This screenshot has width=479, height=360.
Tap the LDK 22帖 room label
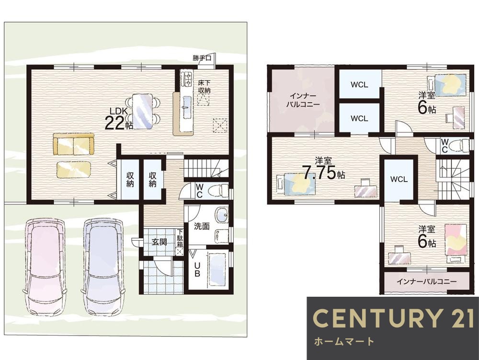tap(118, 119)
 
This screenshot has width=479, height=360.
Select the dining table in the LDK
tap(142, 111)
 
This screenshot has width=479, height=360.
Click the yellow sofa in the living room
tap(73, 145)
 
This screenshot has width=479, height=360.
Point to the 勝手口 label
tap(202, 58)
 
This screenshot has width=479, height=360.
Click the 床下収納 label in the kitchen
tap(204, 86)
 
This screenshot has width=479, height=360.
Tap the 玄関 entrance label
tap(160, 242)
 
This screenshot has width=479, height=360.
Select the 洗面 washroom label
tap(202, 226)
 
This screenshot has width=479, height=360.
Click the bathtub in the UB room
tap(217, 270)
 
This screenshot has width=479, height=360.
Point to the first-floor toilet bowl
tap(217, 191)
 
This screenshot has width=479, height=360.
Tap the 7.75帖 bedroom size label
tap(323, 173)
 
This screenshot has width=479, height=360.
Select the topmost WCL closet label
tap(359, 85)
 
